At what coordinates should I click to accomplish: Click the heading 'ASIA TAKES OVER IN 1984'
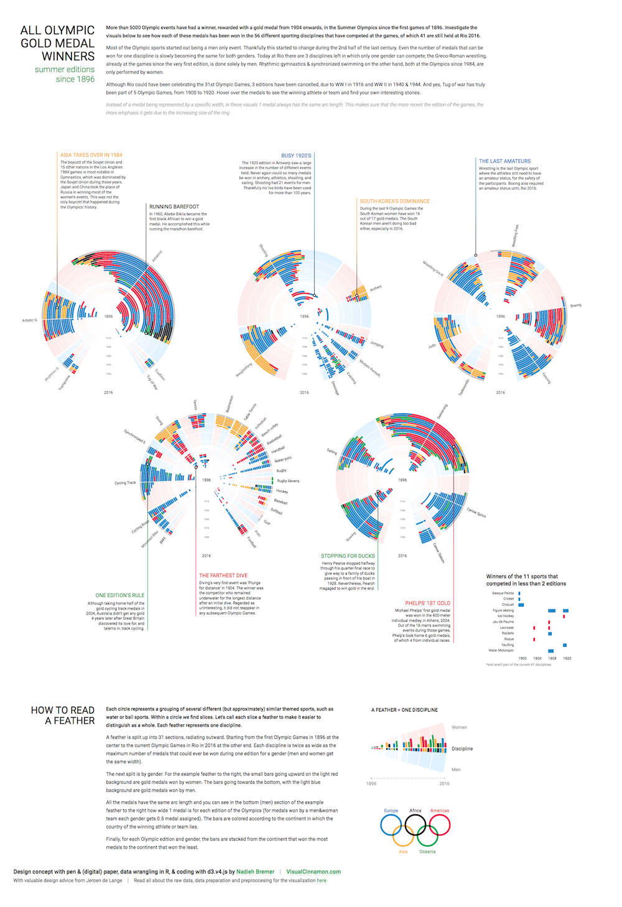(91, 155)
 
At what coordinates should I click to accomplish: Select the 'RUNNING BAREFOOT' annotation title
(174, 207)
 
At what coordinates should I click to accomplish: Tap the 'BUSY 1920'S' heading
(296, 156)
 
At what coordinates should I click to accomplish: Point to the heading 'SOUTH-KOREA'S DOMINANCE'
(394, 201)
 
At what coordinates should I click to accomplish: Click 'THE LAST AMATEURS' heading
(504, 161)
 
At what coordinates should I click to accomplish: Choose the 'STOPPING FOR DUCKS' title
(348, 556)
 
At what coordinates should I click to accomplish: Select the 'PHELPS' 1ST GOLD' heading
(427, 603)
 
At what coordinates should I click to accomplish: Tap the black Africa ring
(415, 825)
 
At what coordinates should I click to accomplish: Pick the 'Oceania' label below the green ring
(427, 852)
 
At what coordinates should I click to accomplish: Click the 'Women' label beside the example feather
(459, 727)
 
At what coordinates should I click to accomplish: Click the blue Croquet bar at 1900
(521, 605)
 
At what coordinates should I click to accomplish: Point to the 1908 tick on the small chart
(552, 658)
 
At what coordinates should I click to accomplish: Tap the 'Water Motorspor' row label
(501, 651)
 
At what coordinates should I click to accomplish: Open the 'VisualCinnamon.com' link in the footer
(313, 872)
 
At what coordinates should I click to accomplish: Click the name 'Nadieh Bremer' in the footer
(255, 872)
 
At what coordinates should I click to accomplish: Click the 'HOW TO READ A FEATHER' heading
(63, 715)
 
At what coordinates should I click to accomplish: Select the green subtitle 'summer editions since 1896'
(65, 74)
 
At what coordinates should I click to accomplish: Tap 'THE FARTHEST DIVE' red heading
(223, 575)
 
